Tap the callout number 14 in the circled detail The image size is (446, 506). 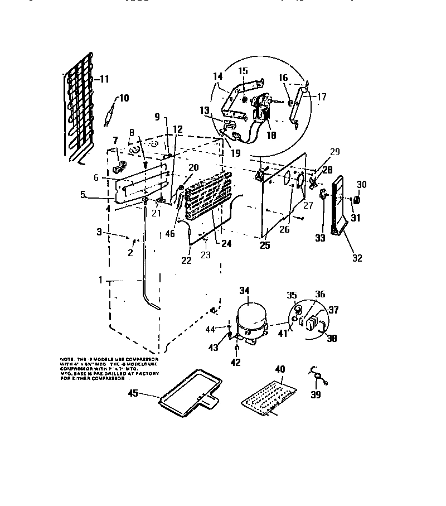(217, 76)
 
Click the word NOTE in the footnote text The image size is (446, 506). (66, 358)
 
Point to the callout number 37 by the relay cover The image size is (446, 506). (333, 310)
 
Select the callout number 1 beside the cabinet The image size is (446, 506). (100, 281)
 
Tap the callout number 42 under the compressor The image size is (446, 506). (235, 362)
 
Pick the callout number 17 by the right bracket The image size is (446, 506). (322, 96)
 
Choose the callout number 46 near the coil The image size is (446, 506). (170, 234)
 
